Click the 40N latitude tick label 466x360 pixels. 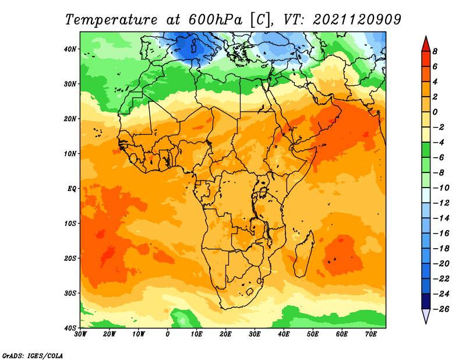[70, 49]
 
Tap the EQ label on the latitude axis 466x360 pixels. [72, 189]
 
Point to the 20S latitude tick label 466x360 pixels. [70, 258]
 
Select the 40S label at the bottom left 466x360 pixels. [70, 328]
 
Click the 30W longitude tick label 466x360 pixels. [80, 334]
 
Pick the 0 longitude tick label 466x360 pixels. [168, 334]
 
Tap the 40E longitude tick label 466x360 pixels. [284, 334]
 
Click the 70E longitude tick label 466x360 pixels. [371, 334]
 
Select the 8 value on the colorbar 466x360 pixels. [435, 51]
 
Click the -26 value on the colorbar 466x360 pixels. [442, 309]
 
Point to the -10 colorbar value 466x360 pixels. [442, 188]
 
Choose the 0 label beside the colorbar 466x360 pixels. [435, 112]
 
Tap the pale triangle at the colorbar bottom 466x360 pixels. [426, 315]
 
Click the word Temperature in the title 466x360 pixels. [111, 20]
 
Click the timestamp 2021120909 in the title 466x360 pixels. [357, 20]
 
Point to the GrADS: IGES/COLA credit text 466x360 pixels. [33, 356]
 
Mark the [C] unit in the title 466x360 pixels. [260, 20]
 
